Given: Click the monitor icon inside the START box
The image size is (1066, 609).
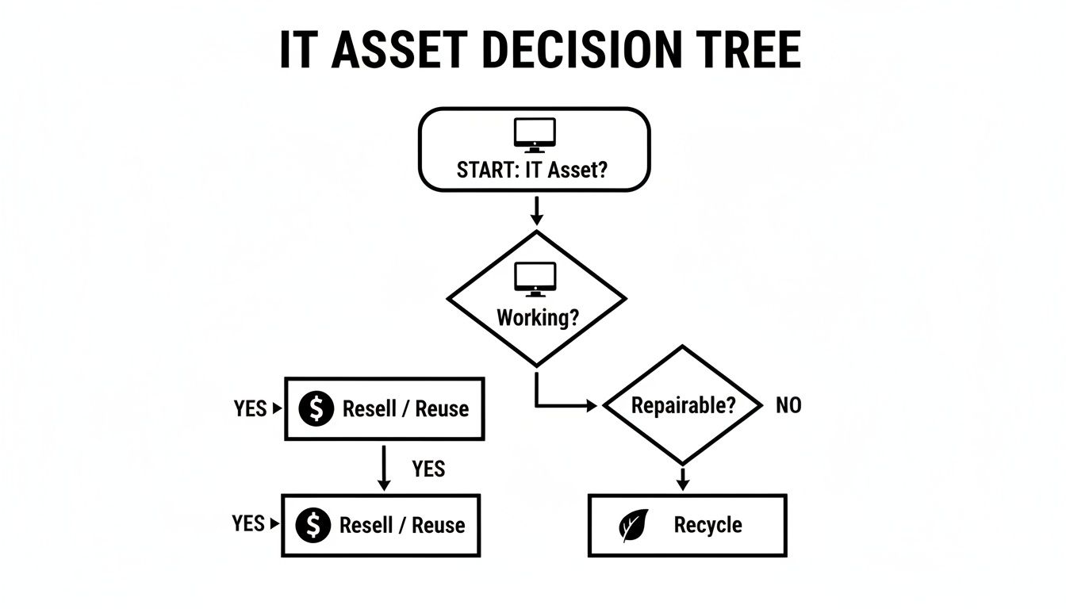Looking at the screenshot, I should (535, 135).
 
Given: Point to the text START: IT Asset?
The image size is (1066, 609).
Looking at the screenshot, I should (531, 170).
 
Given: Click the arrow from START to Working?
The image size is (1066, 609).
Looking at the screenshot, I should (536, 209).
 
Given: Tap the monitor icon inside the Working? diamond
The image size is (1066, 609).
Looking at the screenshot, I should (536, 279).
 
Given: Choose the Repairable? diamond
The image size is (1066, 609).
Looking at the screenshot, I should (682, 404).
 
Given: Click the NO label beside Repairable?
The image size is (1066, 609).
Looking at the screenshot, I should (788, 405).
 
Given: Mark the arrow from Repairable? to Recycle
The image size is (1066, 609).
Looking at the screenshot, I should (682, 478).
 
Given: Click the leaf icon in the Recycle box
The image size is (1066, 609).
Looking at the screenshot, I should (635, 525).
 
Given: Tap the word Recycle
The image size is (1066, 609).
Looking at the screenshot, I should (707, 525).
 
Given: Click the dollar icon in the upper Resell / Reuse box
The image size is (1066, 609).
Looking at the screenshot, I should (316, 409).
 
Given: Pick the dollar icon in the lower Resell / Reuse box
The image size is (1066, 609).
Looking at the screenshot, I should (313, 525).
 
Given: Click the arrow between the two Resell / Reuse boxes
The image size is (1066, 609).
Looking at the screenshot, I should (384, 467).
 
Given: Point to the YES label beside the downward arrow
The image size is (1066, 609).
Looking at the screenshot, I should (428, 469).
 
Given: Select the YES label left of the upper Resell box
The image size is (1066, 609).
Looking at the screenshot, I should (251, 408).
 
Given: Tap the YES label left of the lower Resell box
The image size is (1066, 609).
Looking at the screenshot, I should (248, 523).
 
